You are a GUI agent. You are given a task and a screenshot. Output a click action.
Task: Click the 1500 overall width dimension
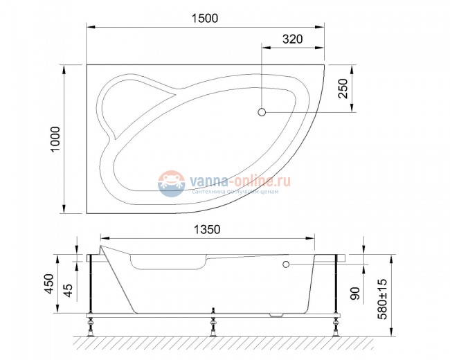click(x=206, y=19)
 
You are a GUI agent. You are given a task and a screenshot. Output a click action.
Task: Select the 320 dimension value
click(x=293, y=39)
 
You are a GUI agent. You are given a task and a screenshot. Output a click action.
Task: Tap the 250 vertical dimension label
click(x=343, y=89)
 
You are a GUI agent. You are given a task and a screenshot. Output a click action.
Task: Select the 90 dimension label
click(x=356, y=292)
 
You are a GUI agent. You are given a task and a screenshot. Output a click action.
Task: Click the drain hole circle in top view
click(x=262, y=112)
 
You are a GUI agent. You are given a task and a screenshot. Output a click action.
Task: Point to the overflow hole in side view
click(x=286, y=264)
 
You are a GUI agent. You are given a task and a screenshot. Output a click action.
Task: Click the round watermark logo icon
click(x=170, y=184)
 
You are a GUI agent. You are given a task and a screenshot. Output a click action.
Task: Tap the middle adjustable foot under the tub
click(x=213, y=327)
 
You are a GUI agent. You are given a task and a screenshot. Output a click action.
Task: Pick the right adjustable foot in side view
click(x=336, y=327)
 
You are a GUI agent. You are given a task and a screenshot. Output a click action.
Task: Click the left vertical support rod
click(x=91, y=284)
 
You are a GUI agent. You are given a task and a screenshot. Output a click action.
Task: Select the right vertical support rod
click(x=336, y=284)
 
